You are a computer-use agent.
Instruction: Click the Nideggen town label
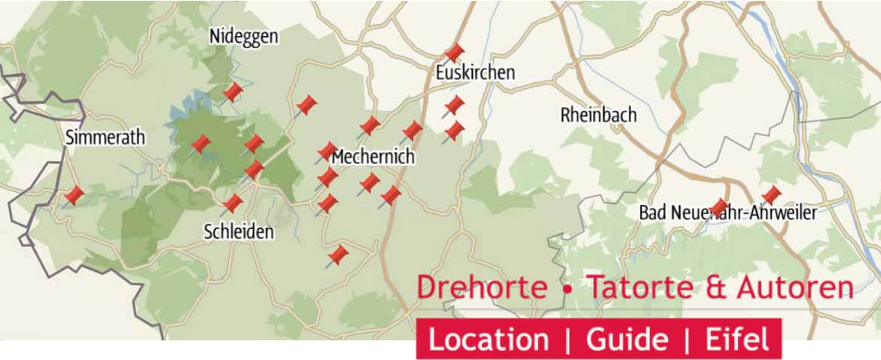coord(243,36)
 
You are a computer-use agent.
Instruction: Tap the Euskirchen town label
coord(475,73)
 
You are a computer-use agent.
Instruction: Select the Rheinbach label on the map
coord(599,115)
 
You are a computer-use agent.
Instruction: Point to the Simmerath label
coord(105,138)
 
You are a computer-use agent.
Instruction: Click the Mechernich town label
coord(373,158)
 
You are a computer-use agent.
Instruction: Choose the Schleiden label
coord(239,232)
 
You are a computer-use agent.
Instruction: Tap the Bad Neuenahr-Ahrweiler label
coord(727,213)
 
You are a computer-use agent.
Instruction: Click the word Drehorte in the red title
coord(482,288)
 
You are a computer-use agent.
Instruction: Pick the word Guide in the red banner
coord(626,340)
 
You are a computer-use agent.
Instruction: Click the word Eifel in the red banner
coord(737,340)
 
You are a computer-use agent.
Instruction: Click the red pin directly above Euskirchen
coord(454,53)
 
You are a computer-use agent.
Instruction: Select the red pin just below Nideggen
coord(233,93)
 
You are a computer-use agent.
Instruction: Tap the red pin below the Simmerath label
coord(74,196)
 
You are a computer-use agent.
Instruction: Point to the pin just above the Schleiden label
coord(233,203)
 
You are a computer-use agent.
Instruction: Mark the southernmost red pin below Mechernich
coord(339,255)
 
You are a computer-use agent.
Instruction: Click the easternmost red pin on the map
coord(771,196)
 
